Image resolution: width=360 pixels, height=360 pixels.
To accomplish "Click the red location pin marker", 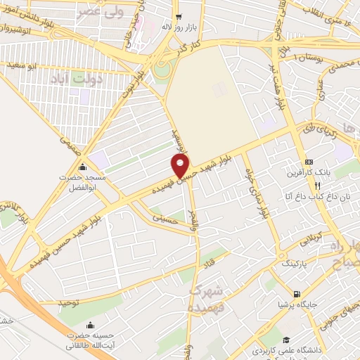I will (181, 165).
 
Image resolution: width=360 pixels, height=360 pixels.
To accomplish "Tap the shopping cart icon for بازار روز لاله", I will (179, 15).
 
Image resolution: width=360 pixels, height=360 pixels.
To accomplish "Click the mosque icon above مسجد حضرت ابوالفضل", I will (82, 167).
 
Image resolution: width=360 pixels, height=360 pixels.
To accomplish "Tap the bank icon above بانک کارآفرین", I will (309, 162).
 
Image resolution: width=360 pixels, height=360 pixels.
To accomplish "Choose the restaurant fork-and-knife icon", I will (317, 186).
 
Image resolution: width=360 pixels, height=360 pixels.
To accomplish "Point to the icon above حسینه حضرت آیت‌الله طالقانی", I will (91, 325).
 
